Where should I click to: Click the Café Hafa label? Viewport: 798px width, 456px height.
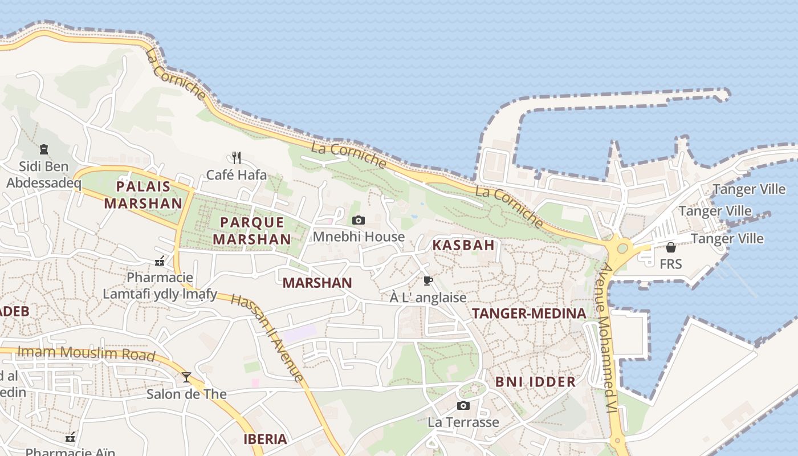(236, 174)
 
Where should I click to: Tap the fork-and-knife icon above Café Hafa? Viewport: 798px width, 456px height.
(237, 157)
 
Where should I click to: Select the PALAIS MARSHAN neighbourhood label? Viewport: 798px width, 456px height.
(143, 194)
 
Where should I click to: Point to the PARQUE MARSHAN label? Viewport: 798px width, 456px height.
(252, 230)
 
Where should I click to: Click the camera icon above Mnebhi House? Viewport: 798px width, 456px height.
(358, 220)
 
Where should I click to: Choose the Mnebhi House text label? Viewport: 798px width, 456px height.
(359, 237)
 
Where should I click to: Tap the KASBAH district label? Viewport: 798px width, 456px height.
(463, 245)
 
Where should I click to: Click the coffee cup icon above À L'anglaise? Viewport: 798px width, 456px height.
(427, 280)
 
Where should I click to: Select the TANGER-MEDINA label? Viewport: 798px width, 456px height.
(528, 313)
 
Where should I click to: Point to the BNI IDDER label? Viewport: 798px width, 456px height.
(535, 381)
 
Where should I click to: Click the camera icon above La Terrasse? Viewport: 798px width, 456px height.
(463, 405)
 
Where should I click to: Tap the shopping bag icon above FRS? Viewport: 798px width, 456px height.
(670, 247)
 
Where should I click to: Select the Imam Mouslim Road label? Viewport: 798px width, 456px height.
(86, 353)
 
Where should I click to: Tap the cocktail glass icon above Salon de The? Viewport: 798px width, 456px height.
(186, 377)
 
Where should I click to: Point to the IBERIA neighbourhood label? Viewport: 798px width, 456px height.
(265, 439)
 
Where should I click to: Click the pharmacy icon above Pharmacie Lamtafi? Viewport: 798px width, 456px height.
(160, 262)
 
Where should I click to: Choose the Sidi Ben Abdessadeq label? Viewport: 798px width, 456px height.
(43, 174)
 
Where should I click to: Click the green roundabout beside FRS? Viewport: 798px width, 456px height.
(622, 249)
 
